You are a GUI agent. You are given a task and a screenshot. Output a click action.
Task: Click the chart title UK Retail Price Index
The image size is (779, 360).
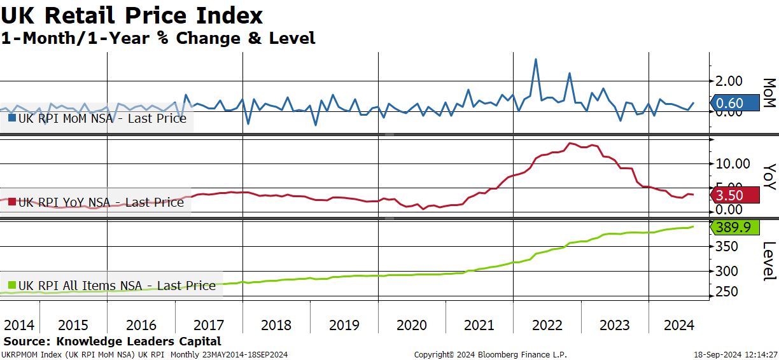[132, 15]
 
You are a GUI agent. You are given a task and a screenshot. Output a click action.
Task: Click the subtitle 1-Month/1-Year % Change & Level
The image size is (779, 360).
[158, 38]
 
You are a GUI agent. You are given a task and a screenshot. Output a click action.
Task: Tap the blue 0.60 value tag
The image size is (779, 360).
[735, 103]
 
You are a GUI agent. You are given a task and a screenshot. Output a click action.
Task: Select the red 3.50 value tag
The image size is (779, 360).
[735, 195]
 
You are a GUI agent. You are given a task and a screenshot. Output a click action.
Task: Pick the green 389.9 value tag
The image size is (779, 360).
[735, 227]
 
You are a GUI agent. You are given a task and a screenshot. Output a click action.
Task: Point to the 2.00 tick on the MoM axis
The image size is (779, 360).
[729, 81]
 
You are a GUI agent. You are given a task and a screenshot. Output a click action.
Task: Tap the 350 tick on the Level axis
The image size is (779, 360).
[726, 247]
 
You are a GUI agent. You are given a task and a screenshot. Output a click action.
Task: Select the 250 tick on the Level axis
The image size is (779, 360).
[726, 291]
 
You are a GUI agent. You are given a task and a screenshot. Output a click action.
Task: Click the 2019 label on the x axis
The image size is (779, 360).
[344, 325]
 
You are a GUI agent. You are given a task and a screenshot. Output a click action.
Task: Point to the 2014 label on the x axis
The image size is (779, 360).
[19, 325]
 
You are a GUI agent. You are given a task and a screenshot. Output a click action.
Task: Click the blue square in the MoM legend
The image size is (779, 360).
[12, 118]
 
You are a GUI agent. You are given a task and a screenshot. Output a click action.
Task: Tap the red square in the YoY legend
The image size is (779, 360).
[12, 202]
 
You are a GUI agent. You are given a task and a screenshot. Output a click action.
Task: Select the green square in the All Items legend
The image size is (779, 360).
[12, 286]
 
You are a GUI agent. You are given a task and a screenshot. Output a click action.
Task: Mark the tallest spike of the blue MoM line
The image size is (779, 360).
[536, 59]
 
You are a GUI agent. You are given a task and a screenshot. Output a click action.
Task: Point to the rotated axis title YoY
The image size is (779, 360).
[769, 177]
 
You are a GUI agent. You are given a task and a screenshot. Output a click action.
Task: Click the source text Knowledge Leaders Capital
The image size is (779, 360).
[138, 341]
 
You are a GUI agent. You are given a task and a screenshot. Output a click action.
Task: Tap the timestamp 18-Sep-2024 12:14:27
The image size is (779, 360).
[736, 355]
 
